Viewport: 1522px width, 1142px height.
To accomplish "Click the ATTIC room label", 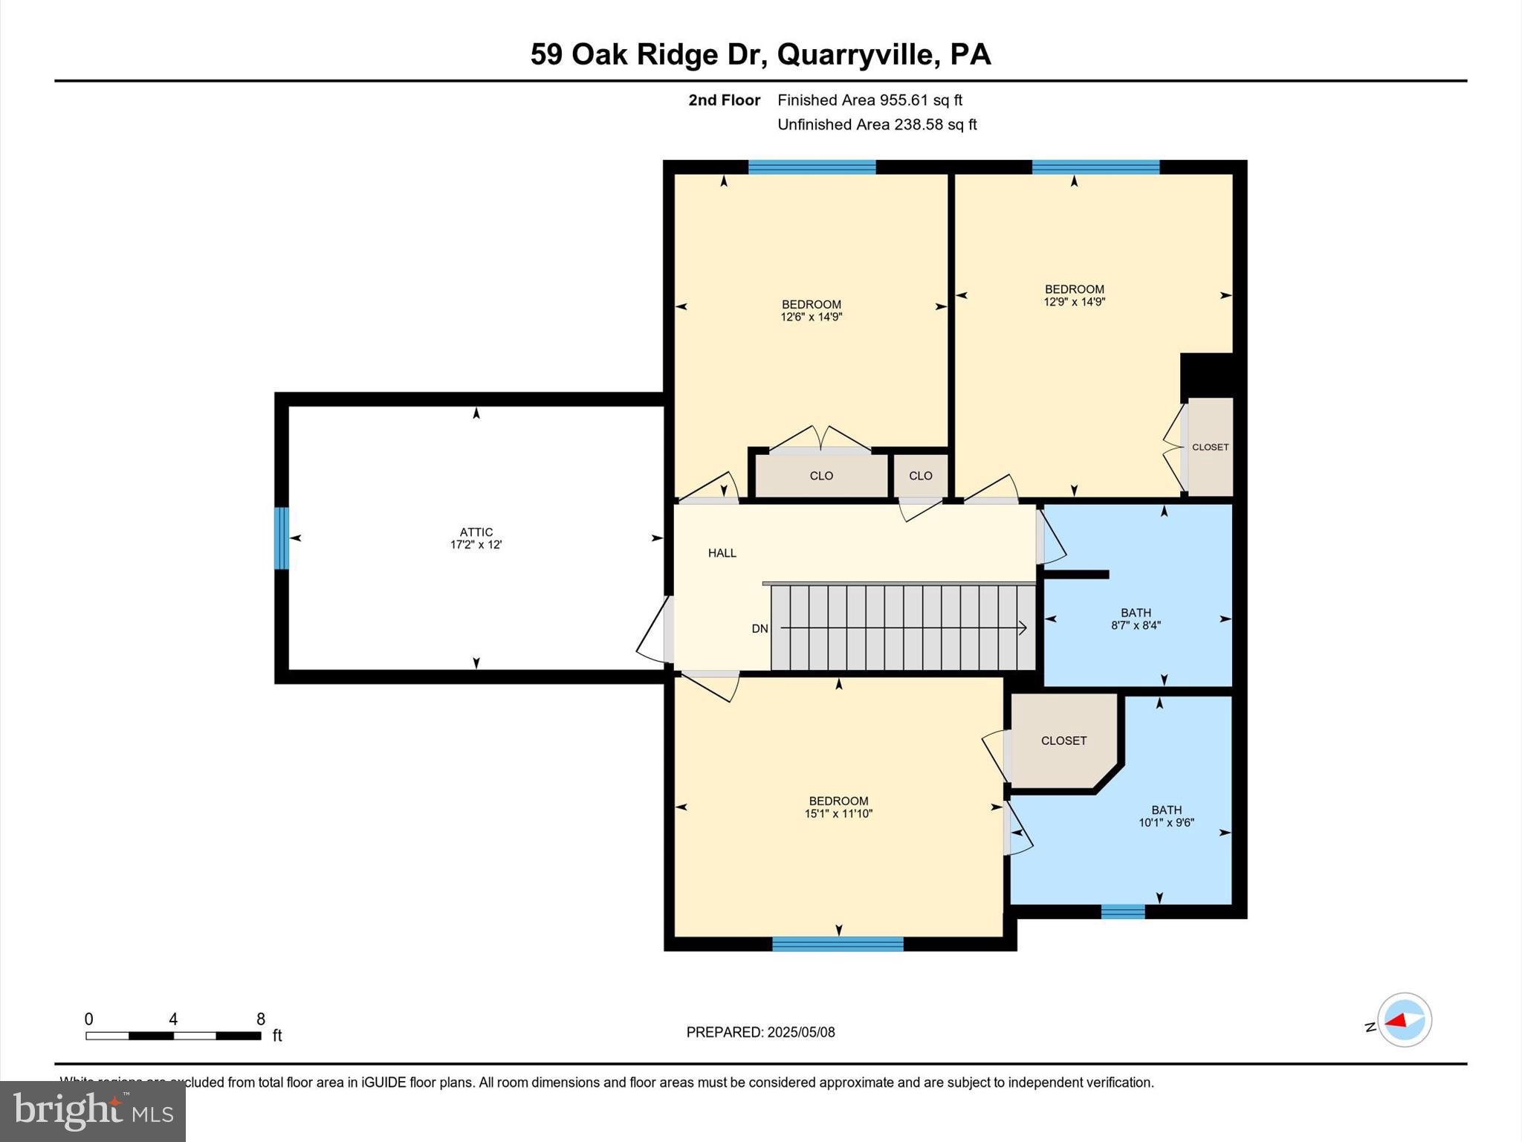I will pyautogui.click(x=476, y=532).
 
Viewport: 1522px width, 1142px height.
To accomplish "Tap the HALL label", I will pyautogui.click(x=722, y=552).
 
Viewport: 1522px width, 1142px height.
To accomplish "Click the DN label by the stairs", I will pyautogui.click(x=760, y=628).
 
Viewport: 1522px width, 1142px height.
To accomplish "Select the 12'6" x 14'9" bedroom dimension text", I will pyautogui.click(x=811, y=317).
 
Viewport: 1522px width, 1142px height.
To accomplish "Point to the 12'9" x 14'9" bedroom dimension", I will pyautogui.click(x=1074, y=302).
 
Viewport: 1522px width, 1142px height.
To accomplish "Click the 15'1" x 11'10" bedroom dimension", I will pyautogui.click(x=838, y=813).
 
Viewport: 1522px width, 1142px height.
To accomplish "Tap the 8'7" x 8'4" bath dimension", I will pyautogui.click(x=1136, y=625).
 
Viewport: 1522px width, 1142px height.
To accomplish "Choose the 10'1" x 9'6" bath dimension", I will pyautogui.click(x=1166, y=822).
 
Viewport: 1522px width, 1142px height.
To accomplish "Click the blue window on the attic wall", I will pyautogui.click(x=281, y=538).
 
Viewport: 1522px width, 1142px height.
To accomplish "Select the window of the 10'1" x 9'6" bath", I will pyautogui.click(x=1122, y=912).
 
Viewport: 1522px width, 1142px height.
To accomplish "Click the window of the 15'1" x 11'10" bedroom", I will pyautogui.click(x=838, y=943).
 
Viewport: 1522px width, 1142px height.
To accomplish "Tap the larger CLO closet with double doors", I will pyautogui.click(x=821, y=476).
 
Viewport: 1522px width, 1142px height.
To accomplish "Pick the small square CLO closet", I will pyautogui.click(x=920, y=476).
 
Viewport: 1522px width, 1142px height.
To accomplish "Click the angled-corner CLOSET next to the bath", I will pyautogui.click(x=1063, y=741).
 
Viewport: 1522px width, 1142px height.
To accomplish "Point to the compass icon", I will pyautogui.click(x=1404, y=1020).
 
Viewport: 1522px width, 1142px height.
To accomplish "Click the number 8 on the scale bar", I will pyautogui.click(x=261, y=1019).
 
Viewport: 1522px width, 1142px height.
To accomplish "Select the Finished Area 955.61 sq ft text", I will pyautogui.click(x=870, y=100).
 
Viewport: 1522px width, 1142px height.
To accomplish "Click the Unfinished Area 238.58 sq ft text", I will pyautogui.click(x=877, y=124).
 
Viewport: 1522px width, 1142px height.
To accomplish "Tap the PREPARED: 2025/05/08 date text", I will pyautogui.click(x=760, y=1032).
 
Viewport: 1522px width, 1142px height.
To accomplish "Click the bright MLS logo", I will pyautogui.click(x=93, y=1111).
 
